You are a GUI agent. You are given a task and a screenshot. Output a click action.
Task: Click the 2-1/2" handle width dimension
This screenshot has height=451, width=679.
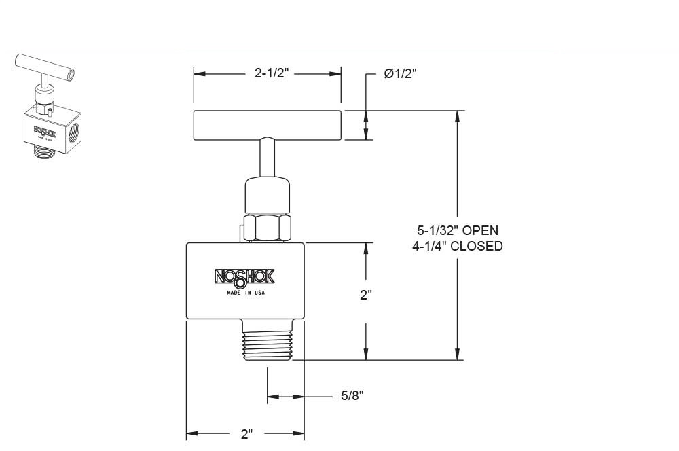click(272, 74)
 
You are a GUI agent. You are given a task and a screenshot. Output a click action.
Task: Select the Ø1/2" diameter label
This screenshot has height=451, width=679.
click(400, 74)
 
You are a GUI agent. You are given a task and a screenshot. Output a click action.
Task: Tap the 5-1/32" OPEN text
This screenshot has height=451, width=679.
click(457, 230)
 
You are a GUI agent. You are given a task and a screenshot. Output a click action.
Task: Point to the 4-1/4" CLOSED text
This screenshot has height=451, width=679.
click(457, 246)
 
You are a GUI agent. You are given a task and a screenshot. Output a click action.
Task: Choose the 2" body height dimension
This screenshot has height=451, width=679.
click(367, 295)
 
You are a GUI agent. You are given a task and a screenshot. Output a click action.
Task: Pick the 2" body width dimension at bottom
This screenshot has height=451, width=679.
click(246, 433)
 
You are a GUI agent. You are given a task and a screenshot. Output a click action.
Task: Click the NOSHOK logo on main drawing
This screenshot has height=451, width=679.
click(244, 276)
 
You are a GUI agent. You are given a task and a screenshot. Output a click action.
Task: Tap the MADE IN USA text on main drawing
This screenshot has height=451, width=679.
click(245, 293)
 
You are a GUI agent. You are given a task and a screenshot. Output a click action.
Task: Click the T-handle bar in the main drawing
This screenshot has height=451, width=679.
click(267, 125)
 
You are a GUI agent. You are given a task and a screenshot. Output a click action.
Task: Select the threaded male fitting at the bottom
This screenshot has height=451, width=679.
click(266, 340)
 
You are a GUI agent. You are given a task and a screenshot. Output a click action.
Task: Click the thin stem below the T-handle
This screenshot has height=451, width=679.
click(266, 156)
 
